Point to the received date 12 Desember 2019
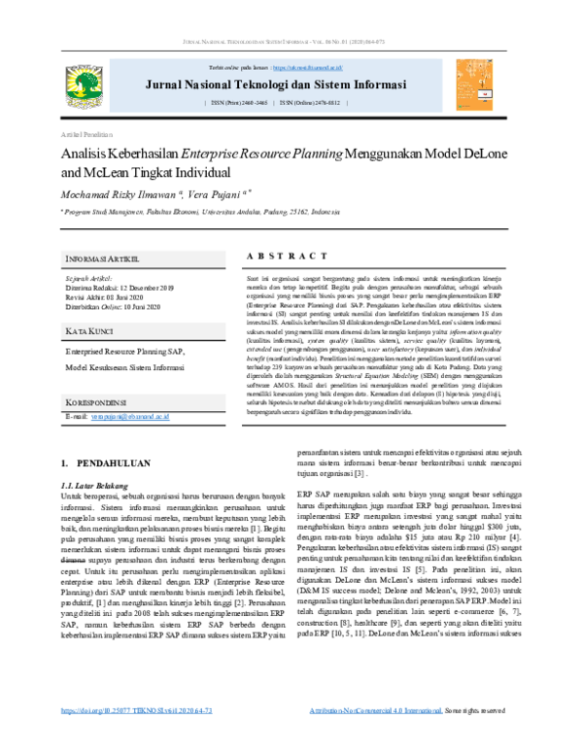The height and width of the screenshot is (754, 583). pyautogui.click(x=144, y=289)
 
